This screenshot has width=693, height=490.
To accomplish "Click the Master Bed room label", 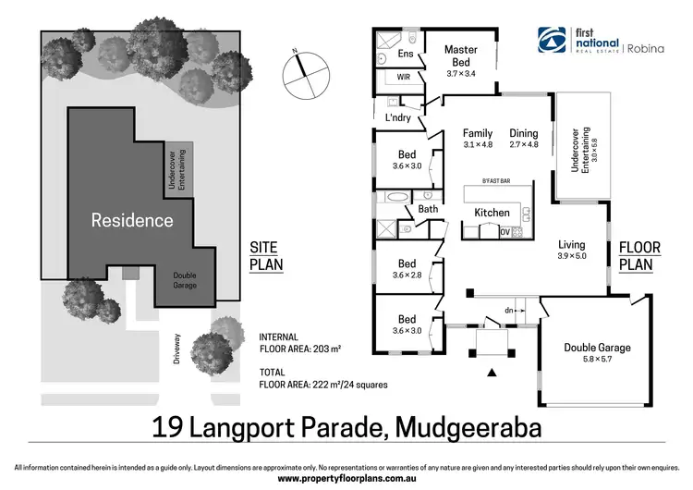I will [460, 55].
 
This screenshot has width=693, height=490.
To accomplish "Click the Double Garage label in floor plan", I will [598, 352].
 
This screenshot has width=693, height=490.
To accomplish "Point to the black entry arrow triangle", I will [492, 374].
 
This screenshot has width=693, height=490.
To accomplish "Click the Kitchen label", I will [492, 213].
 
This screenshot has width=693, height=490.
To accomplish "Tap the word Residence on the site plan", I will [131, 220].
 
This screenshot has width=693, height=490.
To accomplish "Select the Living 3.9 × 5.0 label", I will [572, 250].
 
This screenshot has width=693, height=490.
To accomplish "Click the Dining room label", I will [523, 139].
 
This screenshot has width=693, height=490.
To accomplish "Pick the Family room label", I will [478, 139].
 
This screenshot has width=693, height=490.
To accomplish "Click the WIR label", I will [404, 78].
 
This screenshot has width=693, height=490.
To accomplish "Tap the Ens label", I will [406, 55].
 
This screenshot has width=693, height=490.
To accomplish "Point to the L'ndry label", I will [399, 117].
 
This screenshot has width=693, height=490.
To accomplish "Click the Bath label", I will [427, 209].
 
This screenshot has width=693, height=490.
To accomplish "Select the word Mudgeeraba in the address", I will [469, 427].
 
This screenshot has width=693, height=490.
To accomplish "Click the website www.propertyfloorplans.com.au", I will [346, 479].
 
